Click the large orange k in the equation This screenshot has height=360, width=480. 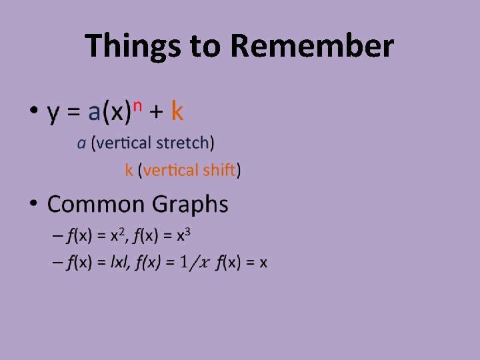click(177, 111)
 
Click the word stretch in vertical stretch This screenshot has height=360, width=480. click(184, 143)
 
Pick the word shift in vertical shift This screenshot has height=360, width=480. click(219, 170)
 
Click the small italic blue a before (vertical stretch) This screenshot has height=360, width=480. click(81, 143)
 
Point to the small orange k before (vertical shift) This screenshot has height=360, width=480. click(129, 170)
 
